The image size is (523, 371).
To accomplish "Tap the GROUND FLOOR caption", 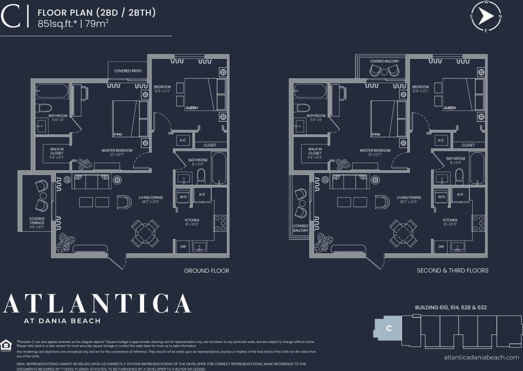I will click(x=206, y=271).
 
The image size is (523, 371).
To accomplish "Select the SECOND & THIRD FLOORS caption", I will click(x=452, y=271).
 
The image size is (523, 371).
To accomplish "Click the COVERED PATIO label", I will click(x=128, y=71).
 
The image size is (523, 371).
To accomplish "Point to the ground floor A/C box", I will click(x=183, y=140).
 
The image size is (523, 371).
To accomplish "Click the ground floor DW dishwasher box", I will click(x=183, y=247).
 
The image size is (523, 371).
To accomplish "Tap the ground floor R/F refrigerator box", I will click(x=202, y=194).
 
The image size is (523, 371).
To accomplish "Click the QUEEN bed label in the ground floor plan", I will click(x=191, y=108).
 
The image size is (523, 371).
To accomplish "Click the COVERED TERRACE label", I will click(x=37, y=221).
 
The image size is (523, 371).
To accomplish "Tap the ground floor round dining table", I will click(x=145, y=233).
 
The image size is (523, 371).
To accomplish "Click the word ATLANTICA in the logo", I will click(x=97, y=304).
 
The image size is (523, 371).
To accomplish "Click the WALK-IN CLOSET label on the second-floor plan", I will click(x=315, y=153).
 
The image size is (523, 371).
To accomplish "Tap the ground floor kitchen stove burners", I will click(x=220, y=223).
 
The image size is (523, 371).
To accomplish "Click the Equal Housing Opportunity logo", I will click(x=7, y=345).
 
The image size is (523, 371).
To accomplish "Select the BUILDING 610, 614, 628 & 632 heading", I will click(x=450, y=308).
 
